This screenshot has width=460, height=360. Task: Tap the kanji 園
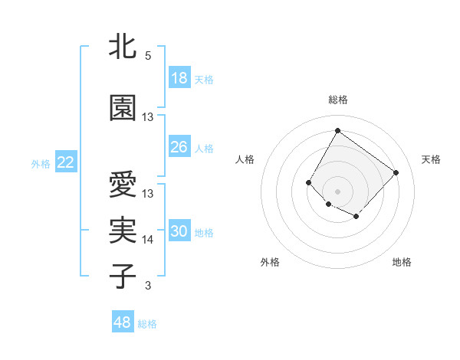[123, 108]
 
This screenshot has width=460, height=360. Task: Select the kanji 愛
[123, 186]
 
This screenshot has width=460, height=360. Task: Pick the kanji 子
[123, 276]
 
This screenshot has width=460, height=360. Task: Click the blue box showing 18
[179, 78]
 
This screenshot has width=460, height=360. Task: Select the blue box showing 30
[179, 231]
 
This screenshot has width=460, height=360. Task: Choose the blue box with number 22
[66, 162]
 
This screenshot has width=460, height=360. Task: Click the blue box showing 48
[123, 322]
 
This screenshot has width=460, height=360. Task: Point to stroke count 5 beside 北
[148, 56]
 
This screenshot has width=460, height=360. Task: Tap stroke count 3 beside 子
[148, 286]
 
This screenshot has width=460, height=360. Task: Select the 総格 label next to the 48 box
[147, 324]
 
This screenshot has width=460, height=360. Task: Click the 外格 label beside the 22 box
[41, 163]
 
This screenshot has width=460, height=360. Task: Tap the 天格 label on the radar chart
[431, 159]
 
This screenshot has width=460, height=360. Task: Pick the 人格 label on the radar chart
[245, 159]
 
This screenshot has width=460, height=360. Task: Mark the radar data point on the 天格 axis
[396, 172]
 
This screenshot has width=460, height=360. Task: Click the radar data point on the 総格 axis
[337, 130]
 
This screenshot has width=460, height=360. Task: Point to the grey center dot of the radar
[337, 191]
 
